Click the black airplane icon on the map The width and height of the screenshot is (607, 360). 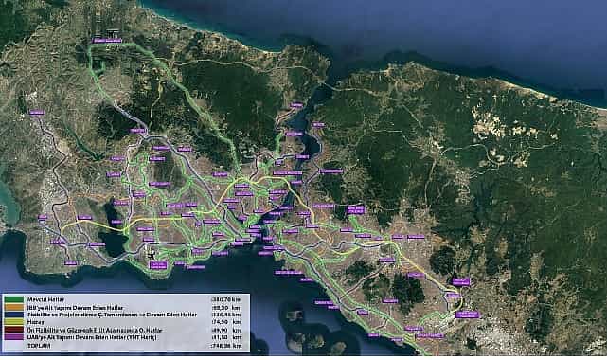tap(151, 255)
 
